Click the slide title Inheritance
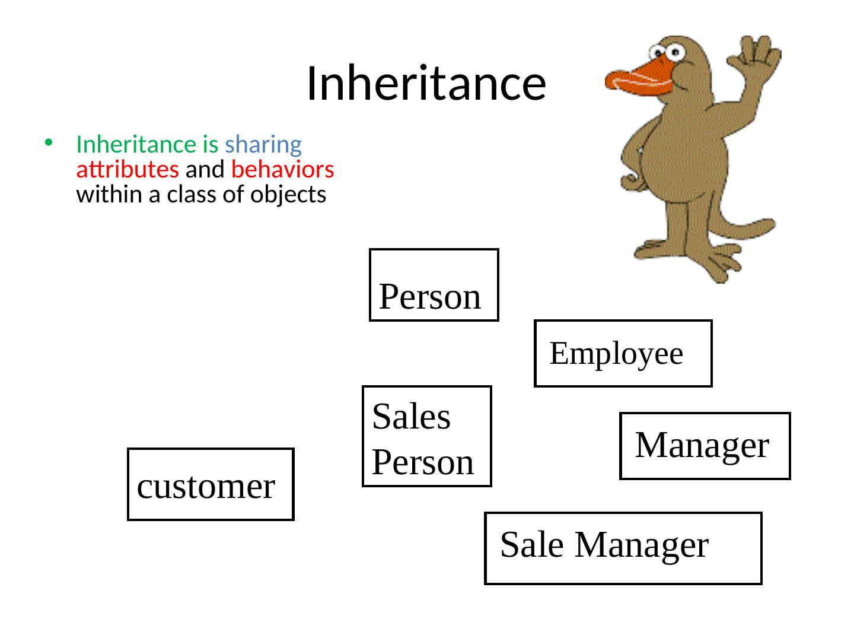point(425,82)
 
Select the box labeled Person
point(434,285)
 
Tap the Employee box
point(623,354)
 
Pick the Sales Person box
point(426,437)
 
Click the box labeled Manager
point(705,446)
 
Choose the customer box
point(211,485)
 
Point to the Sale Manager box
point(623,548)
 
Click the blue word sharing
point(263,144)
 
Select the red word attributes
point(128,170)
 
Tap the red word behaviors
point(283,170)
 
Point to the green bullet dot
point(49,142)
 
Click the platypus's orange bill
point(638,80)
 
